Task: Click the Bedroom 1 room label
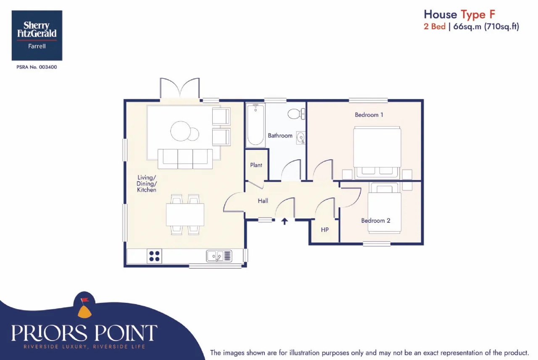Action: click(369, 115)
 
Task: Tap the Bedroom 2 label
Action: click(376, 221)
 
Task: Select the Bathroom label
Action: click(280, 136)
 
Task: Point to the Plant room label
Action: click(256, 165)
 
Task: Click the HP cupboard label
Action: click(325, 230)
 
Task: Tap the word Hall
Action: click(263, 201)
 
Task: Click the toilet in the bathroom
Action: click(296, 114)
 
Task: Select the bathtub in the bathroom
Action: click(256, 125)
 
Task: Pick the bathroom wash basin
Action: click(301, 138)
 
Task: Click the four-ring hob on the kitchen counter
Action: click(154, 256)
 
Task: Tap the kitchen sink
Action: click(219, 256)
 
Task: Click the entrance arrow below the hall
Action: click(285, 221)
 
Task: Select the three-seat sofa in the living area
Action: click(185, 159)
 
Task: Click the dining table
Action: click(185, 214)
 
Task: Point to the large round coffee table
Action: click(180, 131)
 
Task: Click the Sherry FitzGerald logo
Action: click(37, 35)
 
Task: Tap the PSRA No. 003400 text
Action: click(37, 67)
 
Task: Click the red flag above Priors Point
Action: click(85, 299)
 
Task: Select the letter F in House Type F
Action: click(492, 14)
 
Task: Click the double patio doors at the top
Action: click(179, 88)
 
